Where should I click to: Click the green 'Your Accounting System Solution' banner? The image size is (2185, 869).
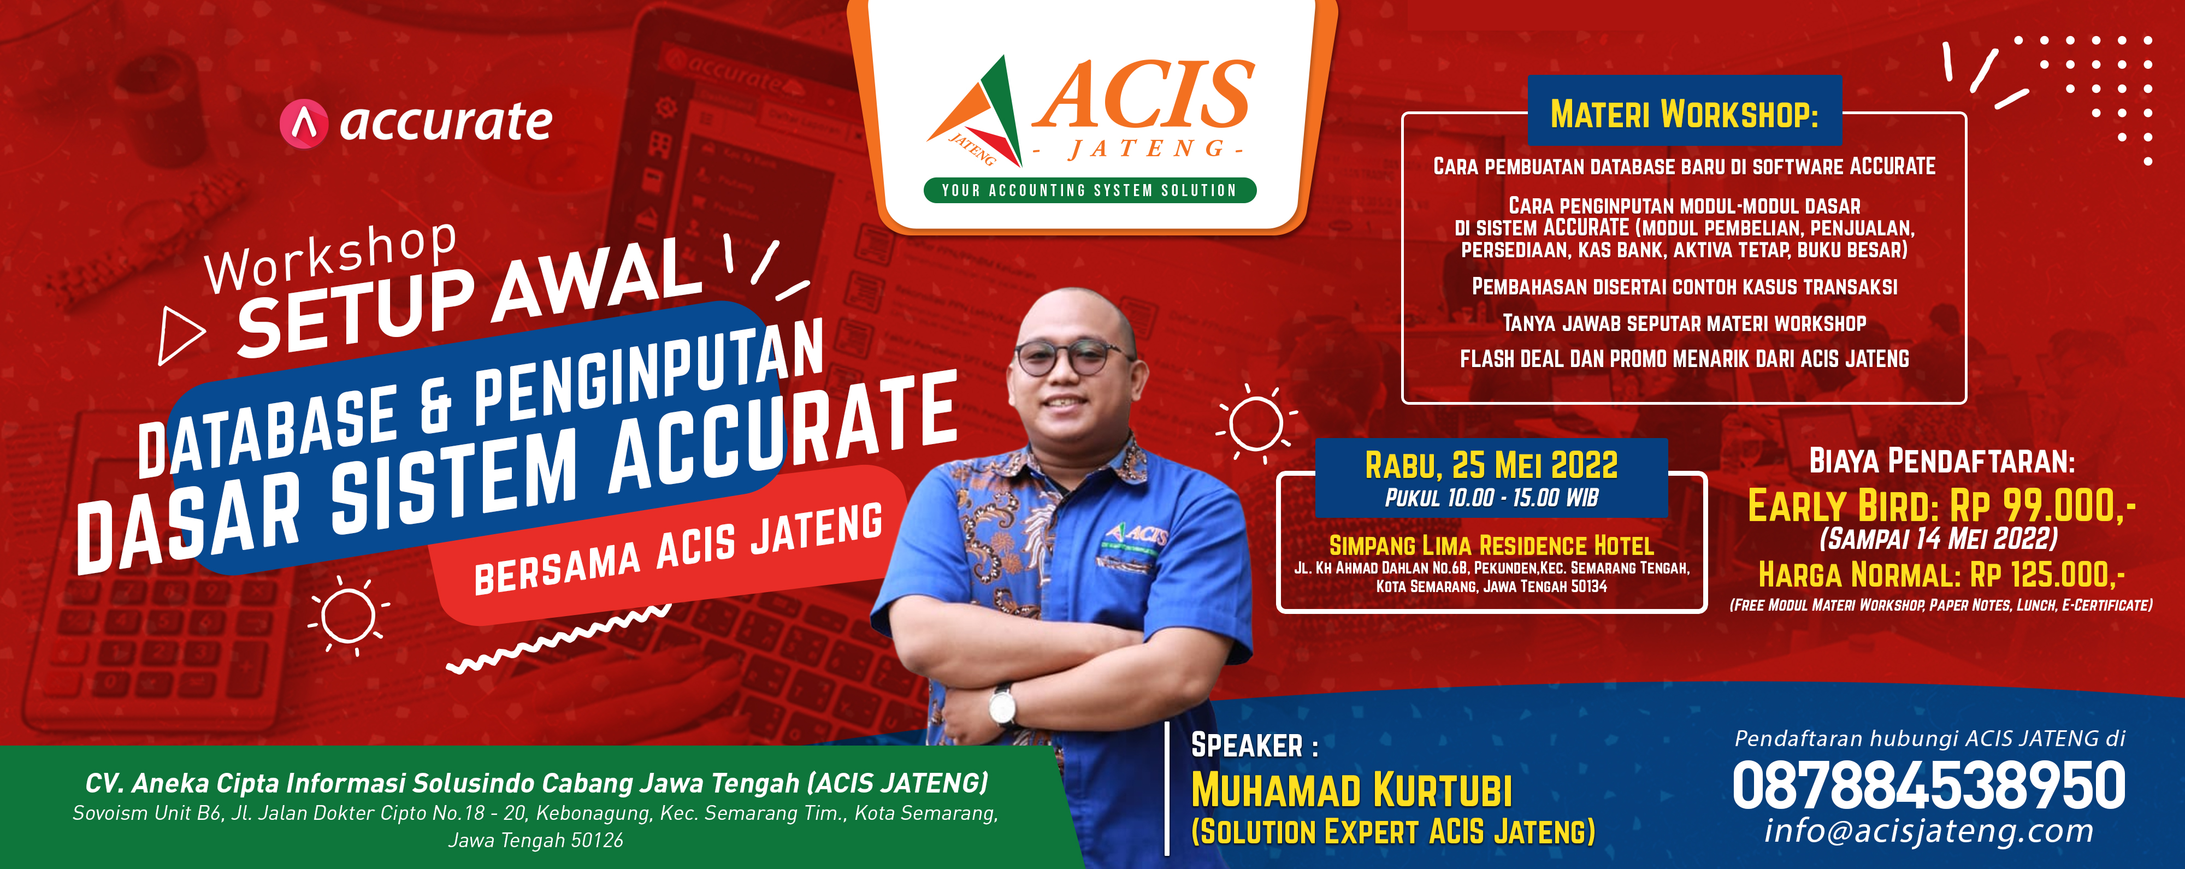point(1089,190)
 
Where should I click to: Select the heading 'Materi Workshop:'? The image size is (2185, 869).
point(1685,114)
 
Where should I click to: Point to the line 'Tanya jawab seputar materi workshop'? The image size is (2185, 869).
point(1685,323)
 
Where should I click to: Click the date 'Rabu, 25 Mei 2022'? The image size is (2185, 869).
point(1491,465)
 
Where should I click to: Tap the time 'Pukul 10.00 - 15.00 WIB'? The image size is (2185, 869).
point(1491,498)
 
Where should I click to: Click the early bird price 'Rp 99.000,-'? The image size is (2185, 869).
point(2042,506)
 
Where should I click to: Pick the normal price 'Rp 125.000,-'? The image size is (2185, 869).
point(2047,575)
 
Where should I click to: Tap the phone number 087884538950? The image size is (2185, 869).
point(1929,786)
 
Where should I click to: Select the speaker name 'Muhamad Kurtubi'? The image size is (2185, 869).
point(1351,790)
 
